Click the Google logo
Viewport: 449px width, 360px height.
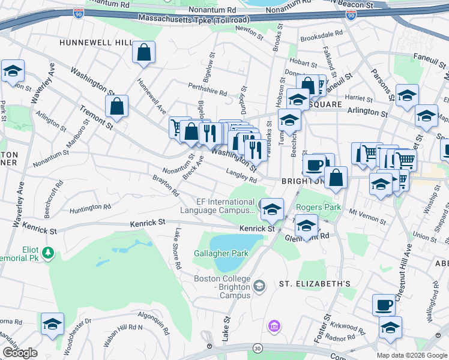pos(20,352)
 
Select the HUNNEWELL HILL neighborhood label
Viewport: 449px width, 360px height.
pos(95,43)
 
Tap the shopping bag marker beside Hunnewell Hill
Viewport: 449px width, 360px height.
pos(144,53)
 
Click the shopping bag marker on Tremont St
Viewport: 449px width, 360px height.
pos(116,107)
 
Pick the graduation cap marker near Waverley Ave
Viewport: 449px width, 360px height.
pos(13,71)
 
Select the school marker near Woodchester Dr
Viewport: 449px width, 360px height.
pos(52,324)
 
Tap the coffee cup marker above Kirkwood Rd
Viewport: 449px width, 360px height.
pos(384,305)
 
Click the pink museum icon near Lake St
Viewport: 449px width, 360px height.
pos(274,326)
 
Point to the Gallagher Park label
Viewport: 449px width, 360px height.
pos(221,253)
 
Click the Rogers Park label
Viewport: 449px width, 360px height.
pos(318,208)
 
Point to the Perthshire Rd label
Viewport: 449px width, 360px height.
pos(207,93)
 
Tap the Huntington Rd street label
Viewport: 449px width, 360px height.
pos(90,207)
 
